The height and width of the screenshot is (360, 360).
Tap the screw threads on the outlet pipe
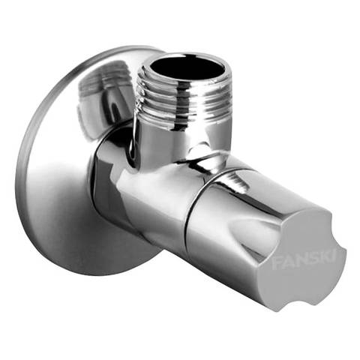tap(184, 98)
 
